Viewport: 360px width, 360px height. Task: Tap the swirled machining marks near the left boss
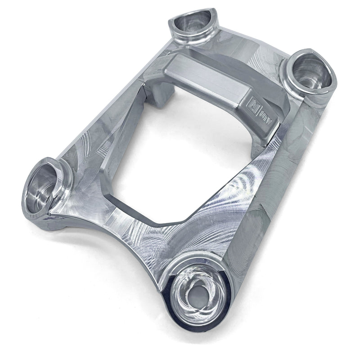90,171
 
